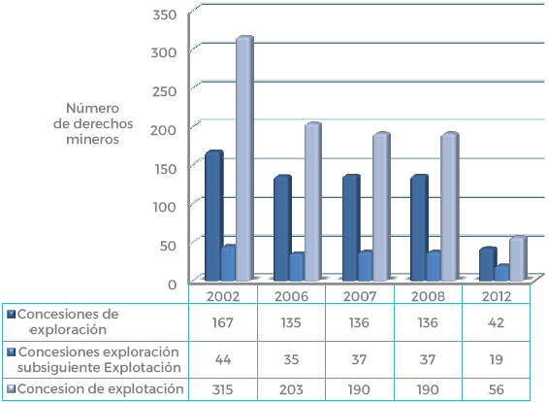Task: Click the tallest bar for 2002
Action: [x=244, y=160]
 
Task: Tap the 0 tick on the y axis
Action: [x=171, y=283]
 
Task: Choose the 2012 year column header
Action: [x=498, y=294]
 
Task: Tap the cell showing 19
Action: [x=498, y=359]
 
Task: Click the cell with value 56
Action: [x=498, y=389]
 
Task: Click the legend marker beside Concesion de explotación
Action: [x=11, y=389]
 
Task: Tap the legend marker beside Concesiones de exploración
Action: [x=11, y=315]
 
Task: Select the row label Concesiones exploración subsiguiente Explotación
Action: [x=100, y=359]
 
